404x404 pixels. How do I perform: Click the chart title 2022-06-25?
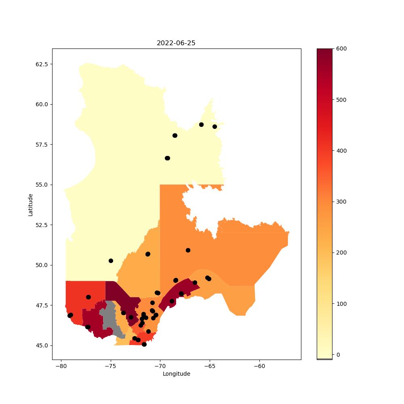pos(176,43)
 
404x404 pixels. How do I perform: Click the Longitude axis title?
pos(177,374)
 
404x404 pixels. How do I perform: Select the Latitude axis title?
pos(30,205)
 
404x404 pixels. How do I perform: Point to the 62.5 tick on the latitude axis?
pos(42,64)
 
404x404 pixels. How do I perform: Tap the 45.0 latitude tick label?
pos(42,345)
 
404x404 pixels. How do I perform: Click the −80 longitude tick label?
pos(61,366)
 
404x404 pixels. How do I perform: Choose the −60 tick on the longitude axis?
pos(259,366)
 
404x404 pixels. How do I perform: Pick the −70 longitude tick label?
pos(160,366)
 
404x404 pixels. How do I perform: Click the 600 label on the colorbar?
pos(341,49)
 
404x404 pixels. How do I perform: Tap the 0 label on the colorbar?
pos(338,355)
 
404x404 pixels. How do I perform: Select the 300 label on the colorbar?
pos(341,202)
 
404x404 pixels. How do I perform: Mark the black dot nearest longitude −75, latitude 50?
pos(111,261)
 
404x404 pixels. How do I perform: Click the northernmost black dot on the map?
pos(201,125)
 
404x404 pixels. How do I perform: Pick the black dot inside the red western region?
pos(88,297)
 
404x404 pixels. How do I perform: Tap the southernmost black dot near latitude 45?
pos(144,344)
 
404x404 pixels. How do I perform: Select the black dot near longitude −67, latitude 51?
pos(188,250)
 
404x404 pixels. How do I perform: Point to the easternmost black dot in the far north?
pos(215,126)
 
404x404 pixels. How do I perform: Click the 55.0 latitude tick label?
pos(42,185)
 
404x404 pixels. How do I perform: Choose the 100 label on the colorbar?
pos(341,304)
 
